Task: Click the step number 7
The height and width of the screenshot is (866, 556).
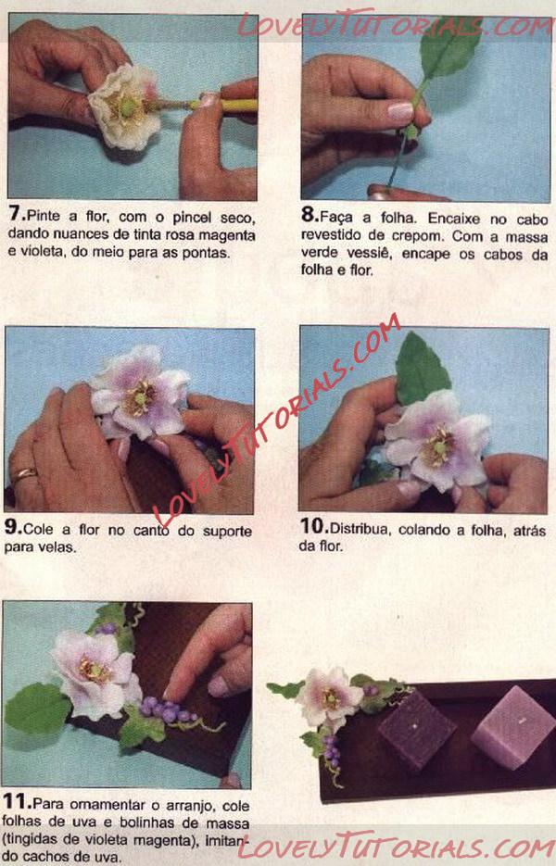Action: (16, 214)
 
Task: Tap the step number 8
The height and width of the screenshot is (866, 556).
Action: (308, 215)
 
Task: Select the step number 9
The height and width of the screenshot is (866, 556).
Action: (12, 527)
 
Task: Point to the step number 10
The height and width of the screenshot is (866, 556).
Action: (312, 527)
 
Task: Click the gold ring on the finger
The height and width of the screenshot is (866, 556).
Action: (25, 474)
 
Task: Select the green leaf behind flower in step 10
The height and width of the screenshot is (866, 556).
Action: (421, 367)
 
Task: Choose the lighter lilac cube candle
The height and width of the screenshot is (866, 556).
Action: (513, 726)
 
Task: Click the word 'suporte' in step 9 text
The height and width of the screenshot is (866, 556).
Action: (227, 532)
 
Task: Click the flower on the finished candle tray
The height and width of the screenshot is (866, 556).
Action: (329, 697)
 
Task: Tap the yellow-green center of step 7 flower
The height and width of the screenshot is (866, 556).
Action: (128, 107)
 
